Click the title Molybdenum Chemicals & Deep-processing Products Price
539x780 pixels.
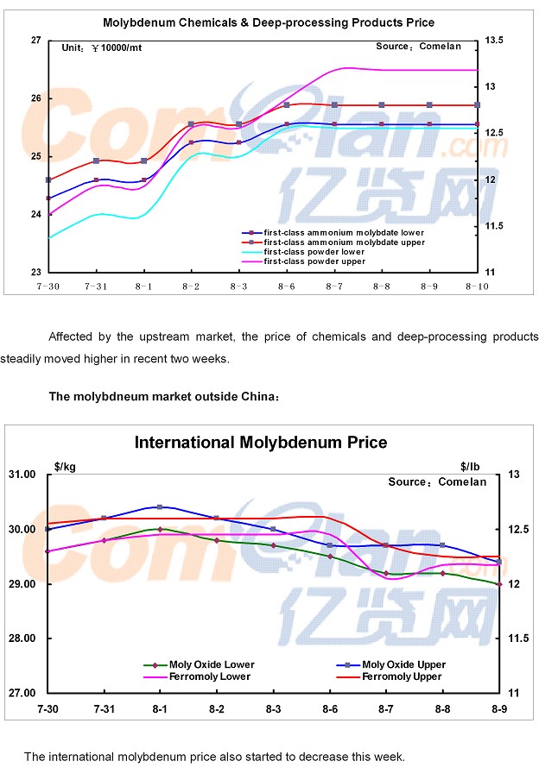click(x=269, y=22)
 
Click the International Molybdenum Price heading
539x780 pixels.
click(x=260, y=443)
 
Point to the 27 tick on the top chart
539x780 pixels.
click(x=35, y=40)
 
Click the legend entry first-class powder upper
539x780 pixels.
click(x=314, y=261)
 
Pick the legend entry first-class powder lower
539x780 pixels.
click(x=314, y=251)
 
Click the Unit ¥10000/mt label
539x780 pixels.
click(x=102, y=47)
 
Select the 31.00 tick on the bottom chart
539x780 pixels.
click(x=22, y=475)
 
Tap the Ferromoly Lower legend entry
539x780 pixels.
click(x=210, y=676)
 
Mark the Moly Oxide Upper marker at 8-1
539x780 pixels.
click(x=161, y=506)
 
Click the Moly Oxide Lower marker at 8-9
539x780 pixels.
click(x=499, y=584)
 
